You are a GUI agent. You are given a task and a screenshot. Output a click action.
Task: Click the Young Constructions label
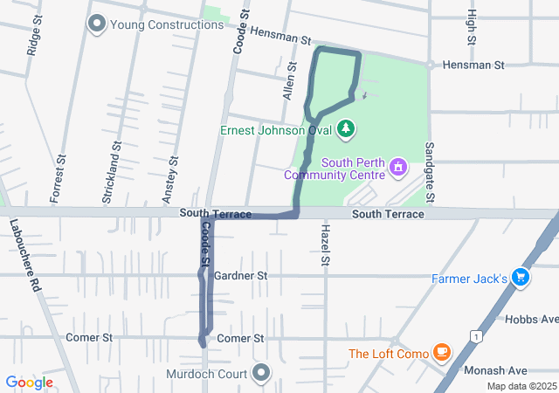[x=168, y=24]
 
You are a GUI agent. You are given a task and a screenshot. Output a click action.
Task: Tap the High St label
[x=472, y=27]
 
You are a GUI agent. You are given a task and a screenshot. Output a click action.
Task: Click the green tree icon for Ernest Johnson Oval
[x=347, y=129]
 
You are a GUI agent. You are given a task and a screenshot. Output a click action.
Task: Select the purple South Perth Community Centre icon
[x=398, y=165]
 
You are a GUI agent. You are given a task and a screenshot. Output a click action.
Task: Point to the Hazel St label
[x=324, y=244]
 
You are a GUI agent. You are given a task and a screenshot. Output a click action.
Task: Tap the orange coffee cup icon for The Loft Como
[x=442, y=354]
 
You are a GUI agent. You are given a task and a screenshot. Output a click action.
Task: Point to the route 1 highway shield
[x=473, y=335]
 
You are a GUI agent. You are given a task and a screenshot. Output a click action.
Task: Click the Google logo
[x=29, y=383]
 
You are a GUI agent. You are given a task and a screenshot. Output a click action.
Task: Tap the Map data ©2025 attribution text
[x=521, y=386]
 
